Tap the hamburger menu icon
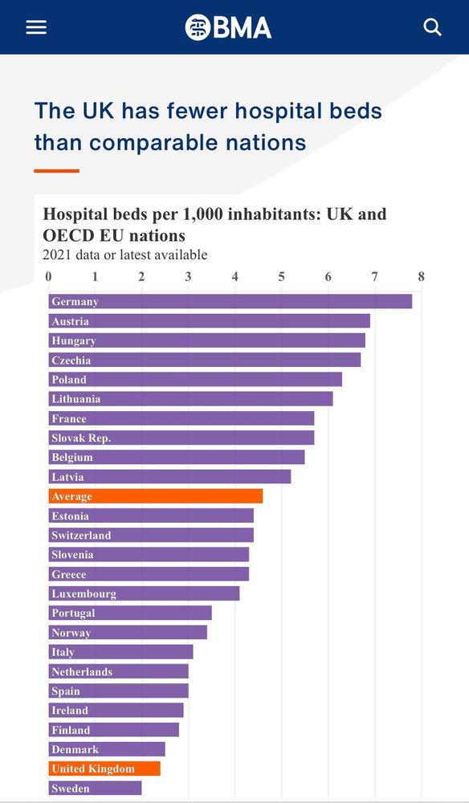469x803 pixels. (x=36, y=27)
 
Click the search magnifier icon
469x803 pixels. (x=433, y=27)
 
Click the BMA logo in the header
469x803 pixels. (x=229, y=27)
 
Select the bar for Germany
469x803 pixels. (x=230, y=301)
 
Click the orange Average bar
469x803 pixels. (x=156, y=496)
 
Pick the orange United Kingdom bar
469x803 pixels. (x=104, y=768)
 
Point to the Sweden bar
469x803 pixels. (x=95, y=788)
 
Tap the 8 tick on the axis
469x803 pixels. (x=421, y=277)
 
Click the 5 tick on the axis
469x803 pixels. (x=282, y=277)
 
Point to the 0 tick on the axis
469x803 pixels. (x=49, y=277)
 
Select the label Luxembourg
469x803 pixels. (x=84, y=593)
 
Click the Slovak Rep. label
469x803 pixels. (x=81, y=438)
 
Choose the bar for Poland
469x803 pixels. (x=195, y=379)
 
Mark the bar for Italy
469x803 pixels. (x=120, y=652)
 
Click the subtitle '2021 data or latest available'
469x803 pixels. (x=124, y=255)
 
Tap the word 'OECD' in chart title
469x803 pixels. (x=69, y=235)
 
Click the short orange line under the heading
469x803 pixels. (x=56, y=170)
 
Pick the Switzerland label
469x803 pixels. (x=81, y=535)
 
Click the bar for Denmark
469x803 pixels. (x=107, y=749)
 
